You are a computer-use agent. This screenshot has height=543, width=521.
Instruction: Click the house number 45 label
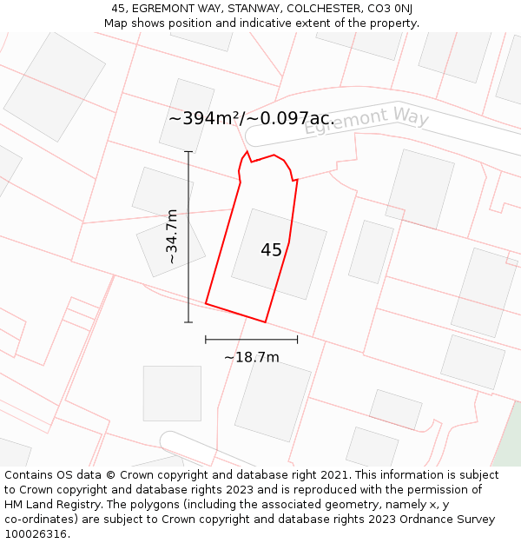tap(271, 250)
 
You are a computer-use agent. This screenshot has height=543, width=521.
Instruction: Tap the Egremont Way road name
tap(366, 120)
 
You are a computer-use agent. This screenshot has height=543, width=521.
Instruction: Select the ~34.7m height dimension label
tap(172, 236)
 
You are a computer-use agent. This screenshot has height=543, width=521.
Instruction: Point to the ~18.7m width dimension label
tap(252, 357)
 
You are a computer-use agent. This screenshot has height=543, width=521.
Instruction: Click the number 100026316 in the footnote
tap(36, 534)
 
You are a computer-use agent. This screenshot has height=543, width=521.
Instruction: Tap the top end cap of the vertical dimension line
tap(188, 152)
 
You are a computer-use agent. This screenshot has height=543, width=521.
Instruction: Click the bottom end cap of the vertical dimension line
tap(188, 322)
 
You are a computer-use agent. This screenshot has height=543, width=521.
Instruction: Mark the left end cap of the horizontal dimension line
tap(206, 339)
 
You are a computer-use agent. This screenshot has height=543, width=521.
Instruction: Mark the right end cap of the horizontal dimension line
tap(298, 339)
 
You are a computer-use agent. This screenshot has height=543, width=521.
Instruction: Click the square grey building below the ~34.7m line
tap(172, 393)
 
